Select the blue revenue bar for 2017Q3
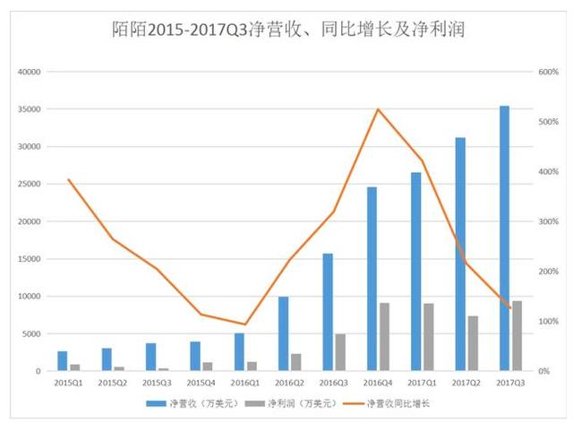click(504, 238)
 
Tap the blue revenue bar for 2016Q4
click(372, 279)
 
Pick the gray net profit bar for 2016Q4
click(384, 337)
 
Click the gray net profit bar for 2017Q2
click(473, 343)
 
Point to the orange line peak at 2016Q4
click(378, 109)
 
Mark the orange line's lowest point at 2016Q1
click(244, 324)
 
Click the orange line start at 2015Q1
click(69, 180)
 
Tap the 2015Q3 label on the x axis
click(157, 382)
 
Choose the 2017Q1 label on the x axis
click(422, 382)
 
